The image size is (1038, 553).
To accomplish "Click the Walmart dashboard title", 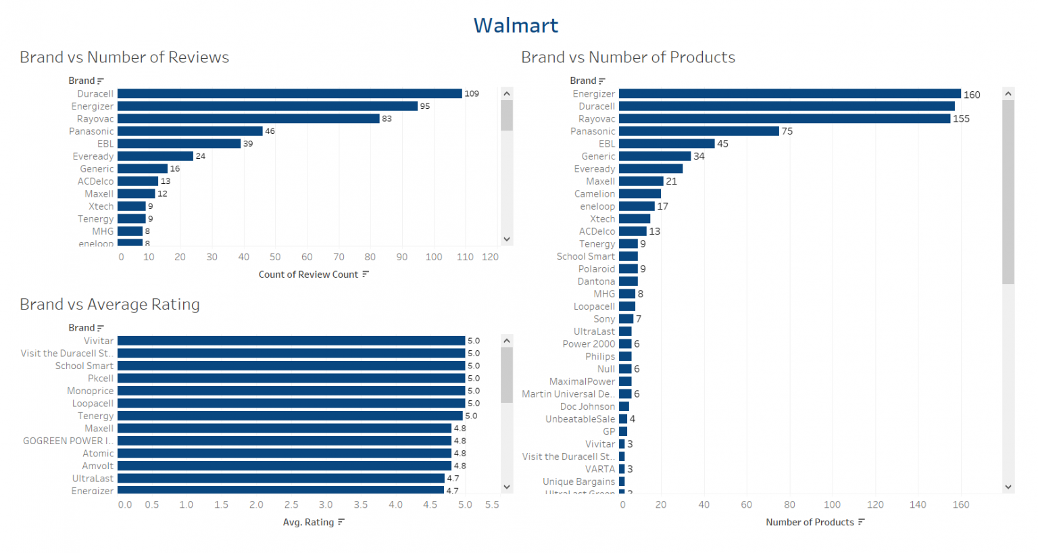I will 516,26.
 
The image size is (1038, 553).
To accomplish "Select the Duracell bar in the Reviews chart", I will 289,94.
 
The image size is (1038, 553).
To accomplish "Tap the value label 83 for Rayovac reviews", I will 387,119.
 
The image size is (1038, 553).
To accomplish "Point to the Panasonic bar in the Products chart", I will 699,131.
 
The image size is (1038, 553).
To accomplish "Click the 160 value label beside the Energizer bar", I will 972,95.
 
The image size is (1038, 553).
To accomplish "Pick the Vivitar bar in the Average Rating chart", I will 291,341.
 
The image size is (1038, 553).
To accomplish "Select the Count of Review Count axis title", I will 308,274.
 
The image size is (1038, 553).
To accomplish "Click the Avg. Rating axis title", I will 308,523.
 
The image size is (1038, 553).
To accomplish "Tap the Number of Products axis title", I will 810,523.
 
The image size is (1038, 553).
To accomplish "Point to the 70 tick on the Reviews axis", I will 339,257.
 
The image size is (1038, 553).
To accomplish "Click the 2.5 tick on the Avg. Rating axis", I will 291,505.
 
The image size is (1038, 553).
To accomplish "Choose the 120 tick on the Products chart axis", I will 875,505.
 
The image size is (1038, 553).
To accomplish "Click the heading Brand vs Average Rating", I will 109,305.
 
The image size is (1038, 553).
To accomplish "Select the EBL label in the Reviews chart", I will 105,144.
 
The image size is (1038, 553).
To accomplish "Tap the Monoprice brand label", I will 91,391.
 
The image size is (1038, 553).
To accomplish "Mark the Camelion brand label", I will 595,194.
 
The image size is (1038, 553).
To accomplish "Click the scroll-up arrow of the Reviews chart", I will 507,93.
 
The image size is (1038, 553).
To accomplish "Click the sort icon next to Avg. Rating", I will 341,523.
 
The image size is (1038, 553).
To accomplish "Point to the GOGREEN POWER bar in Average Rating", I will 284,441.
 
